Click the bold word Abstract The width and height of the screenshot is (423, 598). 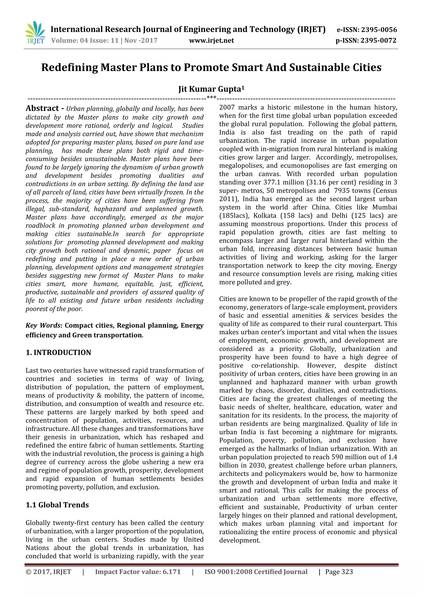(42, 108)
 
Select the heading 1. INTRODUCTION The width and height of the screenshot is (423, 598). (58, 353)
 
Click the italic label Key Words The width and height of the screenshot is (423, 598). (43, 326)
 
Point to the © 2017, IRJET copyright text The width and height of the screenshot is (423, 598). (49, 572)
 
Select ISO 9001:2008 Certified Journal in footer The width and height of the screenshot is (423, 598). (256, 572)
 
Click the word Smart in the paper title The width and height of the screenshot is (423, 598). (248, 67)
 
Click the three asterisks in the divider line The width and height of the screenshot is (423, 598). (211, 98)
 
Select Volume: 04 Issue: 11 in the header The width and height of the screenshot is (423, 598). (85, 41)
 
